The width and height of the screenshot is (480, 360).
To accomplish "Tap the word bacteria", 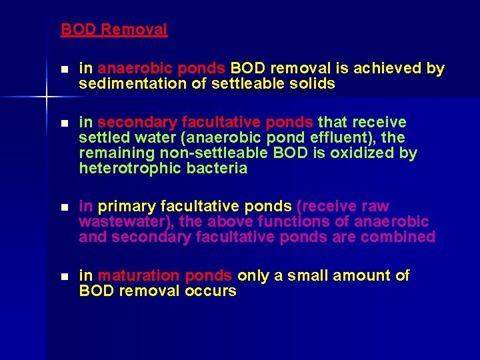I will click(x=214, y=169).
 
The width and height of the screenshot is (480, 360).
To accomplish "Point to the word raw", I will click(x=375, y=207).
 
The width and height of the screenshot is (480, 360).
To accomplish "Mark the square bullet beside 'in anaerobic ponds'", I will click(x=64, y=69).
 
